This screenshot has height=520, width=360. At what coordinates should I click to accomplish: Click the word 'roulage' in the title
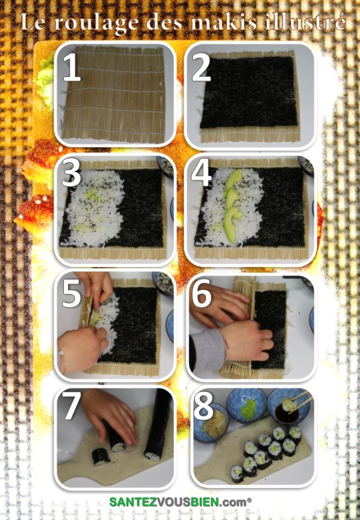[x=95, y=23]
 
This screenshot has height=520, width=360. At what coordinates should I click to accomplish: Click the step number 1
[x=72, y=67]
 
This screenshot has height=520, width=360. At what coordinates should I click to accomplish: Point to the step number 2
[x=201, y=67]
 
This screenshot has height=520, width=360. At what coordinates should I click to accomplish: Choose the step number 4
[x=201, y=172]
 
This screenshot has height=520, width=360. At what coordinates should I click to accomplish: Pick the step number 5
[x=71, y=292]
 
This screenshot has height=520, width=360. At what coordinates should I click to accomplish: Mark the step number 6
[x=201, y=292]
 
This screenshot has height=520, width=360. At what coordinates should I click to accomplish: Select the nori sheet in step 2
[x=249, y=92]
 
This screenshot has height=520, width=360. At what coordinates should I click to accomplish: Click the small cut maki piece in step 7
[x=101, y=457]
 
